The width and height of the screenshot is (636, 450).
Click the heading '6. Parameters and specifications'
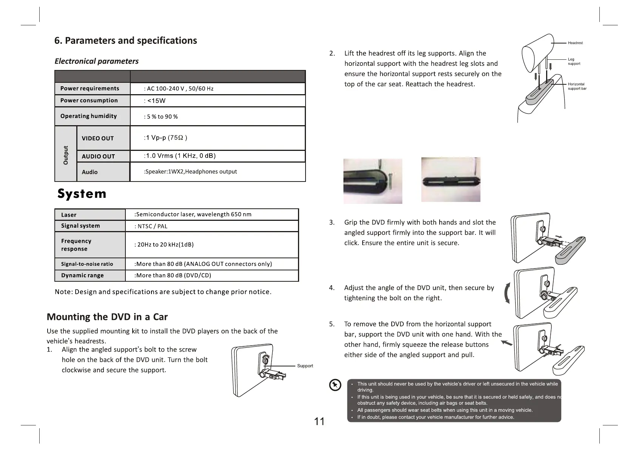pos(126,41)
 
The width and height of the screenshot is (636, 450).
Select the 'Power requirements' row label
pos(90,88)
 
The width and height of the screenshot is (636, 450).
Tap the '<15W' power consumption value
pos(156,101)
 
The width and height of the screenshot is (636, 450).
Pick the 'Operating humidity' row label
pos(88,116)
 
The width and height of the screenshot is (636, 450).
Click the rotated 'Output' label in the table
pos(66,155)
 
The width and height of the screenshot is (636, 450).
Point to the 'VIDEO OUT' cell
pos(97,138)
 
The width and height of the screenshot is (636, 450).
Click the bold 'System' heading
pos(82,194)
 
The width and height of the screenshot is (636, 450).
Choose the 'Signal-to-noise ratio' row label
pos(87,264)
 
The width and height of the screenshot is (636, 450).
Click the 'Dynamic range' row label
pos(82,275)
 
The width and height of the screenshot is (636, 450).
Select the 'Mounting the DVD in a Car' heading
pos(107,317)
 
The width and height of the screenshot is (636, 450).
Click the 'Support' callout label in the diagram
pos(305,366)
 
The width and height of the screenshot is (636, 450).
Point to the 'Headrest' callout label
pos(575,43)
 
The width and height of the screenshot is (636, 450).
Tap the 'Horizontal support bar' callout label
pos(577,86)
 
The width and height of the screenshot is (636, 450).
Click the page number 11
pos(320,422)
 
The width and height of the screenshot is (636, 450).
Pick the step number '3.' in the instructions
pos(332,222)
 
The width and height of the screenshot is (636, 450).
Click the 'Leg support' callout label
pos(574,61)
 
